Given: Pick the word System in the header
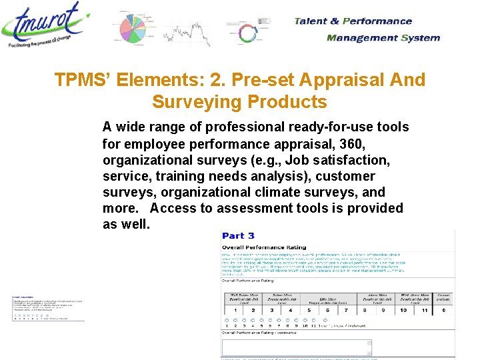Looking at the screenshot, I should pos(420,37).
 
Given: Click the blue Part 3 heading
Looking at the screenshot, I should pos(238,235).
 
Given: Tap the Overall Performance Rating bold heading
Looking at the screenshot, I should pos(264,247).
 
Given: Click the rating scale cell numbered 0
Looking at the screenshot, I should pos(444,310).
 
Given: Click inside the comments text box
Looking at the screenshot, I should pos(297,347).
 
